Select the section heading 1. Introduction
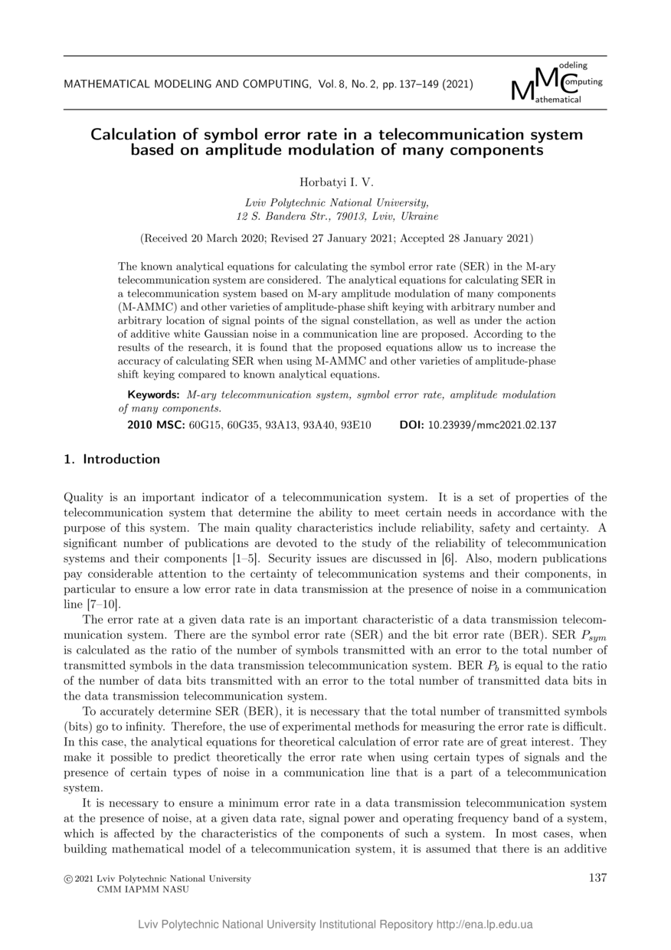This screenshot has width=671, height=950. click(112, 460)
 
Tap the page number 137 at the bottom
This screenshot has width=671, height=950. click(597, 878)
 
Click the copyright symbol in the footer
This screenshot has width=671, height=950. click(68, 879)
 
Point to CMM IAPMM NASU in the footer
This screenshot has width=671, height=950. click(142, 889)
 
